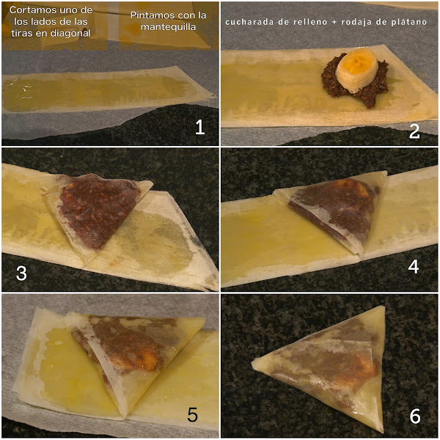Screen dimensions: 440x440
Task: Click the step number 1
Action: (x=199, y=127)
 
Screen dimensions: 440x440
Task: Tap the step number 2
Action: (x=414, y=131)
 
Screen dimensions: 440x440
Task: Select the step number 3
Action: (x=21, y=273)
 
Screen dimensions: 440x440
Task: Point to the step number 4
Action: (x=414, y=267)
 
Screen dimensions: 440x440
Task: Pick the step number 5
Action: (x=192, y=414)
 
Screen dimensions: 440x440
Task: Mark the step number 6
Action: (x=415, y=416)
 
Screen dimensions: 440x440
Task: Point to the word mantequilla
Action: (x=169, y=27)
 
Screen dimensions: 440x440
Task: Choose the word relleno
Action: (x=310, y=22)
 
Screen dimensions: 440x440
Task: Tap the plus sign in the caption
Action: (x=334, y=22)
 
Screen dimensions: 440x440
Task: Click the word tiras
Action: (x=21, y=34)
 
